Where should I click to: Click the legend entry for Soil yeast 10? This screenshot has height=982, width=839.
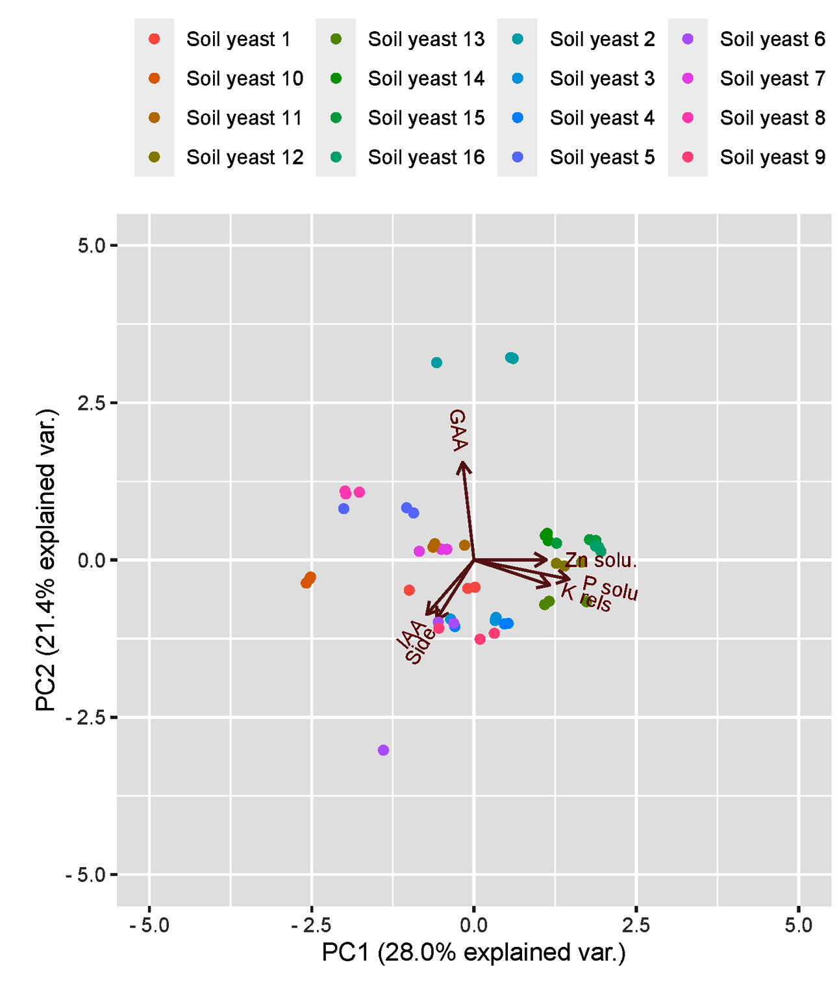pos(244,79)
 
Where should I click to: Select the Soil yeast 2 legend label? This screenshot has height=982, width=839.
pos(602,39)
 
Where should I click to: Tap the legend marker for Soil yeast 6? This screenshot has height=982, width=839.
pos(688,39)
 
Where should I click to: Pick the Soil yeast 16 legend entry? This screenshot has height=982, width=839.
pos(426,157)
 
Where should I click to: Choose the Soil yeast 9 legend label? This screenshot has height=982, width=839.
pos(772,157)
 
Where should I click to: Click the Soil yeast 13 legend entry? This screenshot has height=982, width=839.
pos(426,39)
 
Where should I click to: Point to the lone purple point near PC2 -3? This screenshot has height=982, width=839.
pos(383,750)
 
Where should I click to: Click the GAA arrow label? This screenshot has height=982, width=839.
pos(458,430)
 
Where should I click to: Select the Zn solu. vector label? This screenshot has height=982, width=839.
pos(601,560)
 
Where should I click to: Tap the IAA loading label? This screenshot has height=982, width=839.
pos(411,635)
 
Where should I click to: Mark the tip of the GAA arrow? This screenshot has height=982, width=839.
pos(462,462)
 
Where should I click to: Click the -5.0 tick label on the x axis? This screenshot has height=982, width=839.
pos(149,925)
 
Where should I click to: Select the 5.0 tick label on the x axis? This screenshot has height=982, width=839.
pos(798,925)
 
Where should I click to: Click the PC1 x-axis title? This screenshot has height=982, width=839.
pos(473,953)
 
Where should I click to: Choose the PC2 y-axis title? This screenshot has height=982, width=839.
pos(47,560)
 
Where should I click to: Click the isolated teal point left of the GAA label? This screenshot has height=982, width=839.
pos(436,362)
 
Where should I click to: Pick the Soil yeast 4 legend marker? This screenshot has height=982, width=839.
pos(518,118)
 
